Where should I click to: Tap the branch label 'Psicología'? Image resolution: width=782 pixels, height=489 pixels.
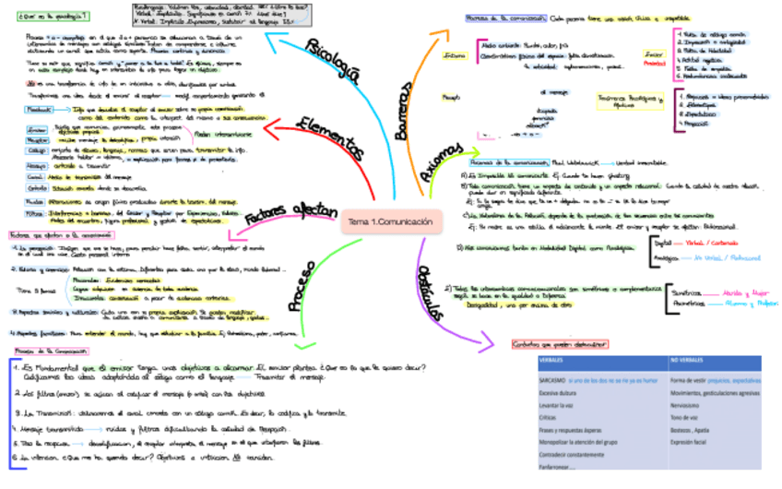[332, 60]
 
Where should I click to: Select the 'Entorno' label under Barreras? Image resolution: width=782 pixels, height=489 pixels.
[455, 55]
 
